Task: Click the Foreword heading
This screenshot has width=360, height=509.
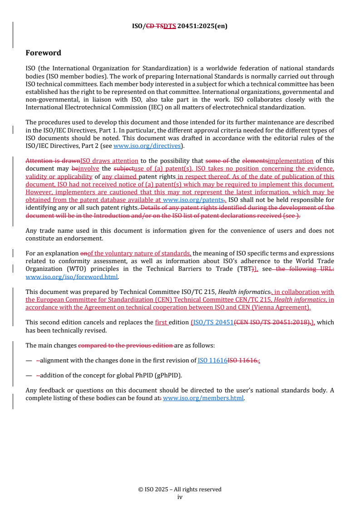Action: click(x=43, y=53)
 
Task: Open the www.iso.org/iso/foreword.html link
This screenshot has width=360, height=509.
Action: click(x=72, y=276)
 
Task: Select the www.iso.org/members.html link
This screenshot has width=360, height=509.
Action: click(x=203, y=398)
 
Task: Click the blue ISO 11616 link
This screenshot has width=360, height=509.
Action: click(x=212, y=360)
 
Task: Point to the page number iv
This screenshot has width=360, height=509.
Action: click(x=180, y=497)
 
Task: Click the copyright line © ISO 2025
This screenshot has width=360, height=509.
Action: click(x=180, y=489)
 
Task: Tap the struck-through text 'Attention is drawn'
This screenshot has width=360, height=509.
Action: click(x=53, y=161)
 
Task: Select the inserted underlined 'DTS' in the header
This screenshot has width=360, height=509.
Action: click(x=169, y=26)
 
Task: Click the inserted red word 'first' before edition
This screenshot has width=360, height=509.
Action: click(x=162, y=322)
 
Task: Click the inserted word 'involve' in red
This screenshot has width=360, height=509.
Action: click(x=89, y=168)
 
